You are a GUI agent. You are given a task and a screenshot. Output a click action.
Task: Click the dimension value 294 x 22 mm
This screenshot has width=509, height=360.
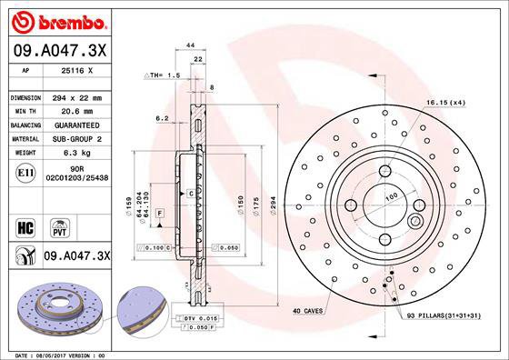pyautogui.click(x=79, y=96)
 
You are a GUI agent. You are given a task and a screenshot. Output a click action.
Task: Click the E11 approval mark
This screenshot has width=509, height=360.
pyautogui.click(x=26, y=171)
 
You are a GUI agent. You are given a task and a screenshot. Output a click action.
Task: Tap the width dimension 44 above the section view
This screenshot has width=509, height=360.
pyautogui.click(x=190, y=45)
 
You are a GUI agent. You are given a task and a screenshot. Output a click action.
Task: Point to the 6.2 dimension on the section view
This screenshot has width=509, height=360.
pyautogui.click(x=161, y=118)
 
